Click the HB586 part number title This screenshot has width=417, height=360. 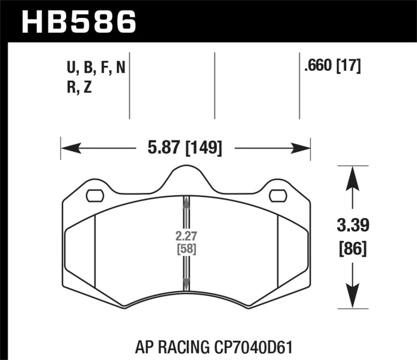78,22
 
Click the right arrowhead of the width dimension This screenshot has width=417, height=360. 301,149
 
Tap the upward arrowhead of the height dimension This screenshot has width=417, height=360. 353,177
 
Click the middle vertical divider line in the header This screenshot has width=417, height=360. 215,86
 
